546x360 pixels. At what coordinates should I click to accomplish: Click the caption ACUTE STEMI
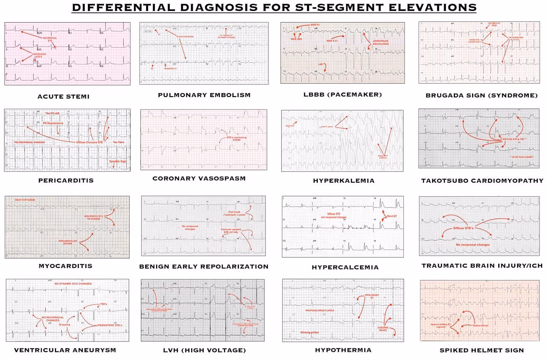pos(63,97)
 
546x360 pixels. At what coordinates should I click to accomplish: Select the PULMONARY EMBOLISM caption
pos(204,95)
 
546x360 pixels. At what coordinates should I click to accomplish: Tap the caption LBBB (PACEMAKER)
pos(342,95)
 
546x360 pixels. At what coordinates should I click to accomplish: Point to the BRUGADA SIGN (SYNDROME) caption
pos(482,95)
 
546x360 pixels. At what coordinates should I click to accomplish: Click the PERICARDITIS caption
pos(66,180)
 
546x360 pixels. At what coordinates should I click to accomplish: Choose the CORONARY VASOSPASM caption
pos(199,178)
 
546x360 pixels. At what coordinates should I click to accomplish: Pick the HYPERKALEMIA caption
pos(344,181)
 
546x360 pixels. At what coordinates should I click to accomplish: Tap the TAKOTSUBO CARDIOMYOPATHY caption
pos(482,181)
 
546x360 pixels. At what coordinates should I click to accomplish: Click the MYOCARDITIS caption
pos(65,266)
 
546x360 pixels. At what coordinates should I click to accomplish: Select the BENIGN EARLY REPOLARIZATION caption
pos(204,266)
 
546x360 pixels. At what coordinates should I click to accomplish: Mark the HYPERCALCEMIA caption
pos(345,267)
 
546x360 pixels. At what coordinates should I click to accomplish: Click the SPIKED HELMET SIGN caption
pos(482,351)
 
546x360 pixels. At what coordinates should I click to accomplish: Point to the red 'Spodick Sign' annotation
pos(118,161)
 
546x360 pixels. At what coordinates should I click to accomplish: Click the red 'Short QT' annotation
pos(392,216)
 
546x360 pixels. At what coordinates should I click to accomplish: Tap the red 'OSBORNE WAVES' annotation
pos(383,329)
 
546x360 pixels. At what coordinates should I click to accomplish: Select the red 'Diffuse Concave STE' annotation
pos(89,142)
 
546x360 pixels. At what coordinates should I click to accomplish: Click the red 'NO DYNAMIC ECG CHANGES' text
pos(73,283)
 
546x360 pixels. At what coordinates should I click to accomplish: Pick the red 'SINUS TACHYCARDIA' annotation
pos(25,200)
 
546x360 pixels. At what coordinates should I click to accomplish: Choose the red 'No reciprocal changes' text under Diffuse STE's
pos(472,245)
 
